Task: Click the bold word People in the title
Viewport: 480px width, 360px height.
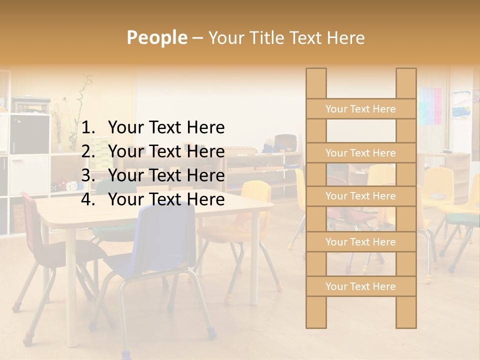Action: click(156, 37)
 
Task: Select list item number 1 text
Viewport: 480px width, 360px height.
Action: click(166, 128)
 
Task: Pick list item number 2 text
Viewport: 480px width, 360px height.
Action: click(166, 151)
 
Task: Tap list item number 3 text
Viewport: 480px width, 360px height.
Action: click(166, 175)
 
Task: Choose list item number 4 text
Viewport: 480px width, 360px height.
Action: click(166, 199)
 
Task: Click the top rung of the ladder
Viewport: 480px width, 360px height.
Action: click(360, 109)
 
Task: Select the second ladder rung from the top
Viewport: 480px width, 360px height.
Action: click(360, 153)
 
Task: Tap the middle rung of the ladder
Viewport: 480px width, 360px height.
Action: click(360, 196)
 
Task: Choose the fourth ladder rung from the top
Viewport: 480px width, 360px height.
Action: click(360, 242)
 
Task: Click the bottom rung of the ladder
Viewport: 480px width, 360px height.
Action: click(360, 286)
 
